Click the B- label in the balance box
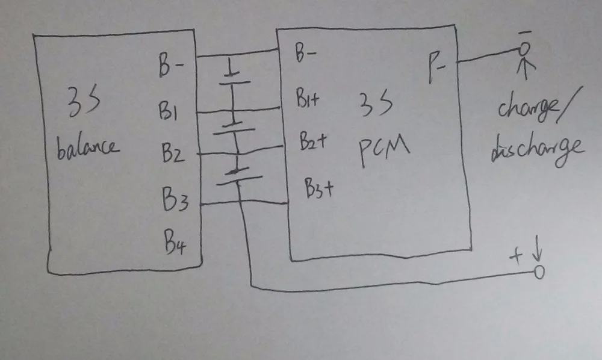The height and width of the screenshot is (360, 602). click(171, 67)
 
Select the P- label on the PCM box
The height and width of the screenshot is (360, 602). click(438, 63)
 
